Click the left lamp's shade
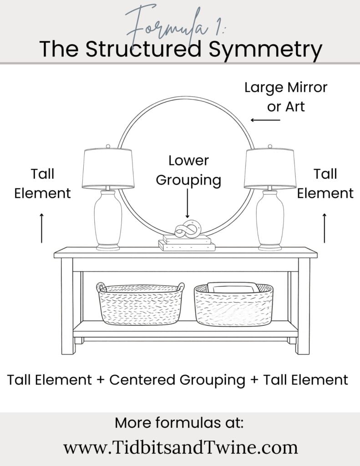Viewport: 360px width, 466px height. pos(108,168)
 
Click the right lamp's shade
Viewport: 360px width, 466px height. pos(270,168)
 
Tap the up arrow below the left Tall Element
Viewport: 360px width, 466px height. pos(42,228)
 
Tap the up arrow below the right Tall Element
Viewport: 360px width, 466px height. pos(325,228)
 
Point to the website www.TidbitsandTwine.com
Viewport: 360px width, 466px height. pos(180,447)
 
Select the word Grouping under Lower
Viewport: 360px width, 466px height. pos(188,180)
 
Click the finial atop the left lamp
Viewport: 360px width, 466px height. pos(108,147)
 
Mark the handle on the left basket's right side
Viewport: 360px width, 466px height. pos(181,287)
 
